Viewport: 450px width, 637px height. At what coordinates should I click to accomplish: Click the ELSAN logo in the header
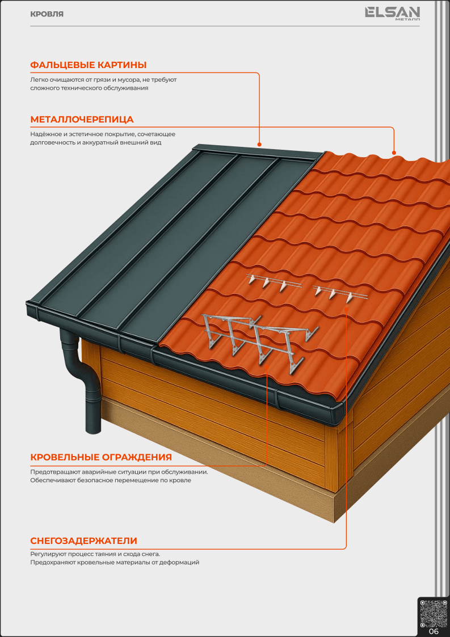pos(392,14)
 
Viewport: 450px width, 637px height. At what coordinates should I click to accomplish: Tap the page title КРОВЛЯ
pos(47,14)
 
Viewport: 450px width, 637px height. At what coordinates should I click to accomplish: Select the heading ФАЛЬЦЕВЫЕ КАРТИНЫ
pos(88,65)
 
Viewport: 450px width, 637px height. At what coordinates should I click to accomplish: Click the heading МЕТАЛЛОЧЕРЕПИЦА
pos(82,120)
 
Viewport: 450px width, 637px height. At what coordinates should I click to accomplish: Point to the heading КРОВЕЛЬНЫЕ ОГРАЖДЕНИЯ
pos(101,457)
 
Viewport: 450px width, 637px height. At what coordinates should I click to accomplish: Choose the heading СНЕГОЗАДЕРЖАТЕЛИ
pos(83,541)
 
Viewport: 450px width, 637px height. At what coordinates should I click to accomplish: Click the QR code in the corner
pos(433,613)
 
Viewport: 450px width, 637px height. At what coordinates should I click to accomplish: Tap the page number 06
pos(434,631)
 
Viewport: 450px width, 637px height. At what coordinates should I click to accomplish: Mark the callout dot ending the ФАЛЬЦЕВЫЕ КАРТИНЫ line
pos(259,144)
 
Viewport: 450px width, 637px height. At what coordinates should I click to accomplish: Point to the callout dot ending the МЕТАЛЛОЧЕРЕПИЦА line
pos(393,153)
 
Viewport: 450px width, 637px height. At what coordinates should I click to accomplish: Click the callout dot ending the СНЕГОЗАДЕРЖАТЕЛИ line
pos(346,309)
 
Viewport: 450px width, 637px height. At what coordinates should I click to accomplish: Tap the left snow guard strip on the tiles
pos(274,282)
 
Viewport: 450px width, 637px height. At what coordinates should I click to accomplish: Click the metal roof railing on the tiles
pos(259,342)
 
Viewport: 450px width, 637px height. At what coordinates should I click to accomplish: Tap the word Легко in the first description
pos(38,79)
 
